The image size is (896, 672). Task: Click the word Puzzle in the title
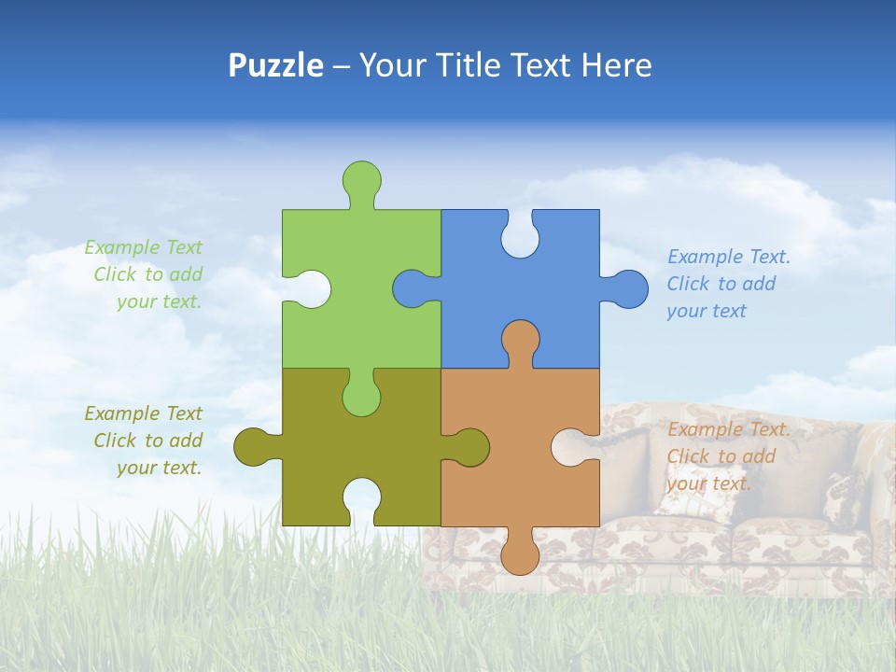pyautogui.click(x=276, y=65)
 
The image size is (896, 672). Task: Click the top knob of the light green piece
pyautogui.click(x=361, y=179)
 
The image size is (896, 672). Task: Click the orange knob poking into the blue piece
pyautogui.click(x=520, y=340)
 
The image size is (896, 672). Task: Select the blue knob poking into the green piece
pyautogui.click(x=412, y=288)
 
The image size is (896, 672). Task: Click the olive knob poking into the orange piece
pyautogui.click(x=469, y=447)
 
